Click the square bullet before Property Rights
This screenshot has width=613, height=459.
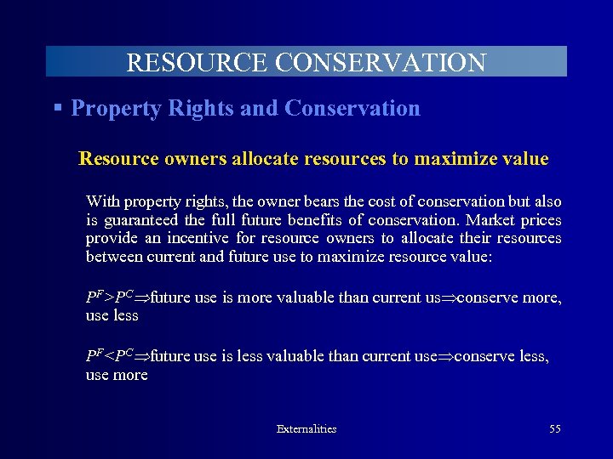click(x=58, y=108)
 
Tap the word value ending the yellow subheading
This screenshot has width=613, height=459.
click(x=525, y=159)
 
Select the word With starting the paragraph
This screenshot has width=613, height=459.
click(x=103, y=202)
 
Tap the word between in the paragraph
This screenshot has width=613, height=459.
click(x=114, y=256)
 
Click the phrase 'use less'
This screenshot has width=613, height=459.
click(x=112, y=315)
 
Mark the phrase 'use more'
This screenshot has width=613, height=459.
click(x=117, y=375)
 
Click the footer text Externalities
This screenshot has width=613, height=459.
click(x=306, y=429)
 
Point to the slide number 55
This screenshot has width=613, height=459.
click(x=554, y=429)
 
